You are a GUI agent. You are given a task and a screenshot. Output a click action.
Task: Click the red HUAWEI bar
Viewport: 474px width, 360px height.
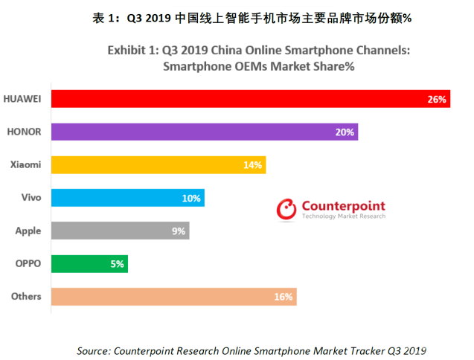tap(249, 99)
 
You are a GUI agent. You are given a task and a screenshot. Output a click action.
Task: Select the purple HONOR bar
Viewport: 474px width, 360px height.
tap(205, 132)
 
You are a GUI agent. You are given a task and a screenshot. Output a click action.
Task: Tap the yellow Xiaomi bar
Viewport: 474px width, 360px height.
tap(158, 164)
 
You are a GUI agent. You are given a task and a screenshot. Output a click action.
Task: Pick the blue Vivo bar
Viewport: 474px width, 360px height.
tap(127, 198)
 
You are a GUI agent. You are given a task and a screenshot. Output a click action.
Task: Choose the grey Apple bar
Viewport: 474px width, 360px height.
tap(120, 231)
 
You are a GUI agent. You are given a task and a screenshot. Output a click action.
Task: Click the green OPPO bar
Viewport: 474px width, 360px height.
tap(89, 263)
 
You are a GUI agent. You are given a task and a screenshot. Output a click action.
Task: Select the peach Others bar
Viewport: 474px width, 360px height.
tap(173, 296)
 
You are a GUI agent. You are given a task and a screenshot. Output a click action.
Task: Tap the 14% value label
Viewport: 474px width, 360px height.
tap(253, 164)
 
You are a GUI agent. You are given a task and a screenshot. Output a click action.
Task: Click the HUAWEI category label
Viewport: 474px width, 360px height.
tap(22, 99)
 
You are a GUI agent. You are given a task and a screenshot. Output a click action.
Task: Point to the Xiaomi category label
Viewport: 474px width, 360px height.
tap(26, 164)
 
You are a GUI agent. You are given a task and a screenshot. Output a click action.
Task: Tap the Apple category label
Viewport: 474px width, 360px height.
tap(28, 231)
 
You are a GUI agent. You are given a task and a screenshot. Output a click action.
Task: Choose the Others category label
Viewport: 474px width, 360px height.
tap(26, 296)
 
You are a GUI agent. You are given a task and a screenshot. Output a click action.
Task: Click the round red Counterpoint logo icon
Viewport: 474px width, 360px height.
tap(286, 210)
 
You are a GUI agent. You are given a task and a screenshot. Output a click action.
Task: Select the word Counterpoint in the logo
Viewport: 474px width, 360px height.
tap(343, 205)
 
